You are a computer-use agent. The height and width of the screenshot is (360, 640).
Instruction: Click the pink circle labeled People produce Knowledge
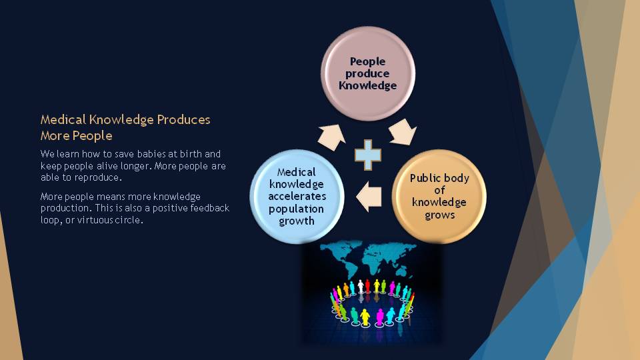pyautogui.click(x=368, y=73)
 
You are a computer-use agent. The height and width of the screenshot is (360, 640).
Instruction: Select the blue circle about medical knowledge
pyautogui.click(x=297, y=196)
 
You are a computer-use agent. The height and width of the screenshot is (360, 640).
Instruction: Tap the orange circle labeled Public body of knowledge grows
pyautogui.click(x=439, y=196)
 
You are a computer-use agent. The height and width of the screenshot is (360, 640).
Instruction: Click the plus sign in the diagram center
pyautogui.click(x=368, y=155)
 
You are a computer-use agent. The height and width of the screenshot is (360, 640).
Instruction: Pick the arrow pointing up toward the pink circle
pyautogui.click(x=331, y=137)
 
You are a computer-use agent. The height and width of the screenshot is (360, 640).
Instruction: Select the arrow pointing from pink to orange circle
pyautogui.click(x=403, y=132)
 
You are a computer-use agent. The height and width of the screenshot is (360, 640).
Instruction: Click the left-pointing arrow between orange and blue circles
pyautogui.click(x=369, y=197)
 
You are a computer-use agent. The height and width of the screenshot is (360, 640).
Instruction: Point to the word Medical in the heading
pyautogui.click(x=63, y=119)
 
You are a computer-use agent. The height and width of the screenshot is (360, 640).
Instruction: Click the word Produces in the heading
pyautogui.click(x=184, y=119)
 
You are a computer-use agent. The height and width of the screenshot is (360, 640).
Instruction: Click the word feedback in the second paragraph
pyautogui.click(x=210, y=208)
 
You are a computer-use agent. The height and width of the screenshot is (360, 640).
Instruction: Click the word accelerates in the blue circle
pyautogui.click(x=297, y=196)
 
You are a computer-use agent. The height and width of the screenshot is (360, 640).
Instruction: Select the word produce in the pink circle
pyautogui.click(x=367, y=73)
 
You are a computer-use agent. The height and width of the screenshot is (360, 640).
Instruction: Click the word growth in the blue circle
pyautogui.click(x=297, y=221)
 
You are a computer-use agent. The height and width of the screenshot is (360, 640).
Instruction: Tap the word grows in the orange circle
pyautogui.click(x=439, y=215)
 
